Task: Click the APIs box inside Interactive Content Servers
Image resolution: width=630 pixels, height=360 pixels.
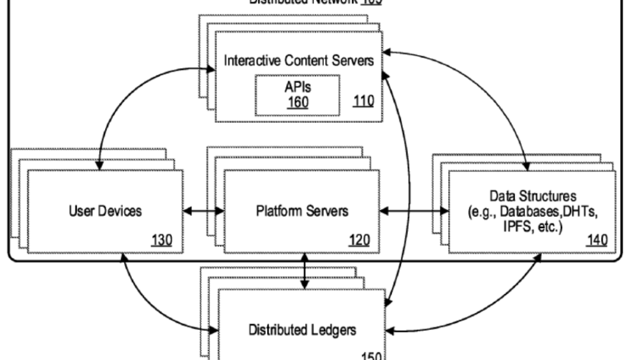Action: pyautogui.click(x=297, y=95)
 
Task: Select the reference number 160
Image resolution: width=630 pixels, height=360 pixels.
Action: pyautogui.click(x=298, y=102)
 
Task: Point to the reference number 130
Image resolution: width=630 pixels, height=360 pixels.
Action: pyautogui.click(x=162, y=241)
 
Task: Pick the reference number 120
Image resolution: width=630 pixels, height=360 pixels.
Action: pyautogui.click(x=359, y=241)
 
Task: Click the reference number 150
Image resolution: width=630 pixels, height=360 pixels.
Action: pyautogui.click(x=369, y=354)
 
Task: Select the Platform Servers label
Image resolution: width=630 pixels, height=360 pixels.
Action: pyautogui.click(x=302, y=211)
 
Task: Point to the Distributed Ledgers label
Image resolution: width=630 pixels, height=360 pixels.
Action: pyautogui.click(x=302, y=329)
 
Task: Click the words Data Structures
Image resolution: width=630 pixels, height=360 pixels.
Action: pyautogui.click(x=533, y=196)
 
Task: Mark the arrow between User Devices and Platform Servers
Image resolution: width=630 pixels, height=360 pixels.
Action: pyautogui.click(x=203, y=211)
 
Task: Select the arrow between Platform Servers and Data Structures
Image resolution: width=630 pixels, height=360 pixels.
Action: pyautogui.click(x=415, y=211)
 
